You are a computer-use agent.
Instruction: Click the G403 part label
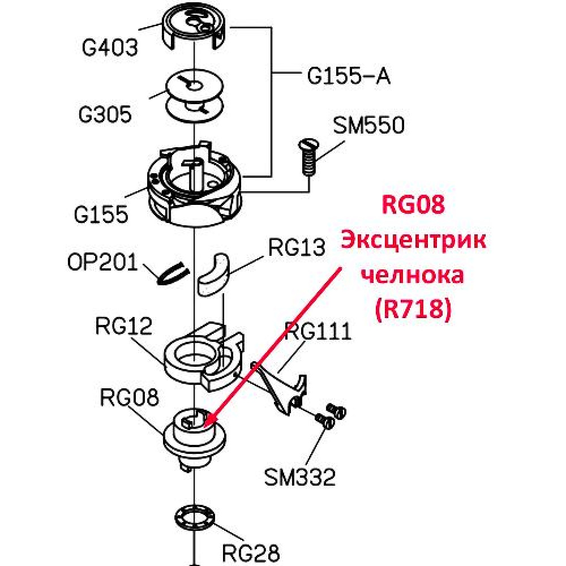[x=110, y=48]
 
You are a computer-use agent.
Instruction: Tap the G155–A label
[x=349, y=76]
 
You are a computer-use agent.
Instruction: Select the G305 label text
[x=105, y=115]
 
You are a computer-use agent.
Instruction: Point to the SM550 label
[x=368, y=126]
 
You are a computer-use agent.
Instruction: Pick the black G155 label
[x=101, y=215]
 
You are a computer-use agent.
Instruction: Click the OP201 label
[x=102, y=262]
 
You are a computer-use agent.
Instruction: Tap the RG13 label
[x=297, y=248]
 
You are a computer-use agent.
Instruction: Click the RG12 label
[x=124, y=326]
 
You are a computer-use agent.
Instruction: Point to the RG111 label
[x=318, y=331]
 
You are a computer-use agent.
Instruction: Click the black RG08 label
[x=129, y=397]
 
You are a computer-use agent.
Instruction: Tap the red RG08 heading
[x=413, y=204]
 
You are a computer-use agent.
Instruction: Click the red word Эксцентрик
[x=413, y=241]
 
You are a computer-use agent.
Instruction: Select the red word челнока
[x=413, y=276]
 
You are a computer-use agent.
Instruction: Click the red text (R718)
[x=414, y=310]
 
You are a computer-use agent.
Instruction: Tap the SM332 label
[x=300, y=477]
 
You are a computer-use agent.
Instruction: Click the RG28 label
[x=251, y=552]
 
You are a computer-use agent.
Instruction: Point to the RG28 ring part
[x=195, y=518]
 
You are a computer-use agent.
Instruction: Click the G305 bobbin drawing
[x=195, y=96]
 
